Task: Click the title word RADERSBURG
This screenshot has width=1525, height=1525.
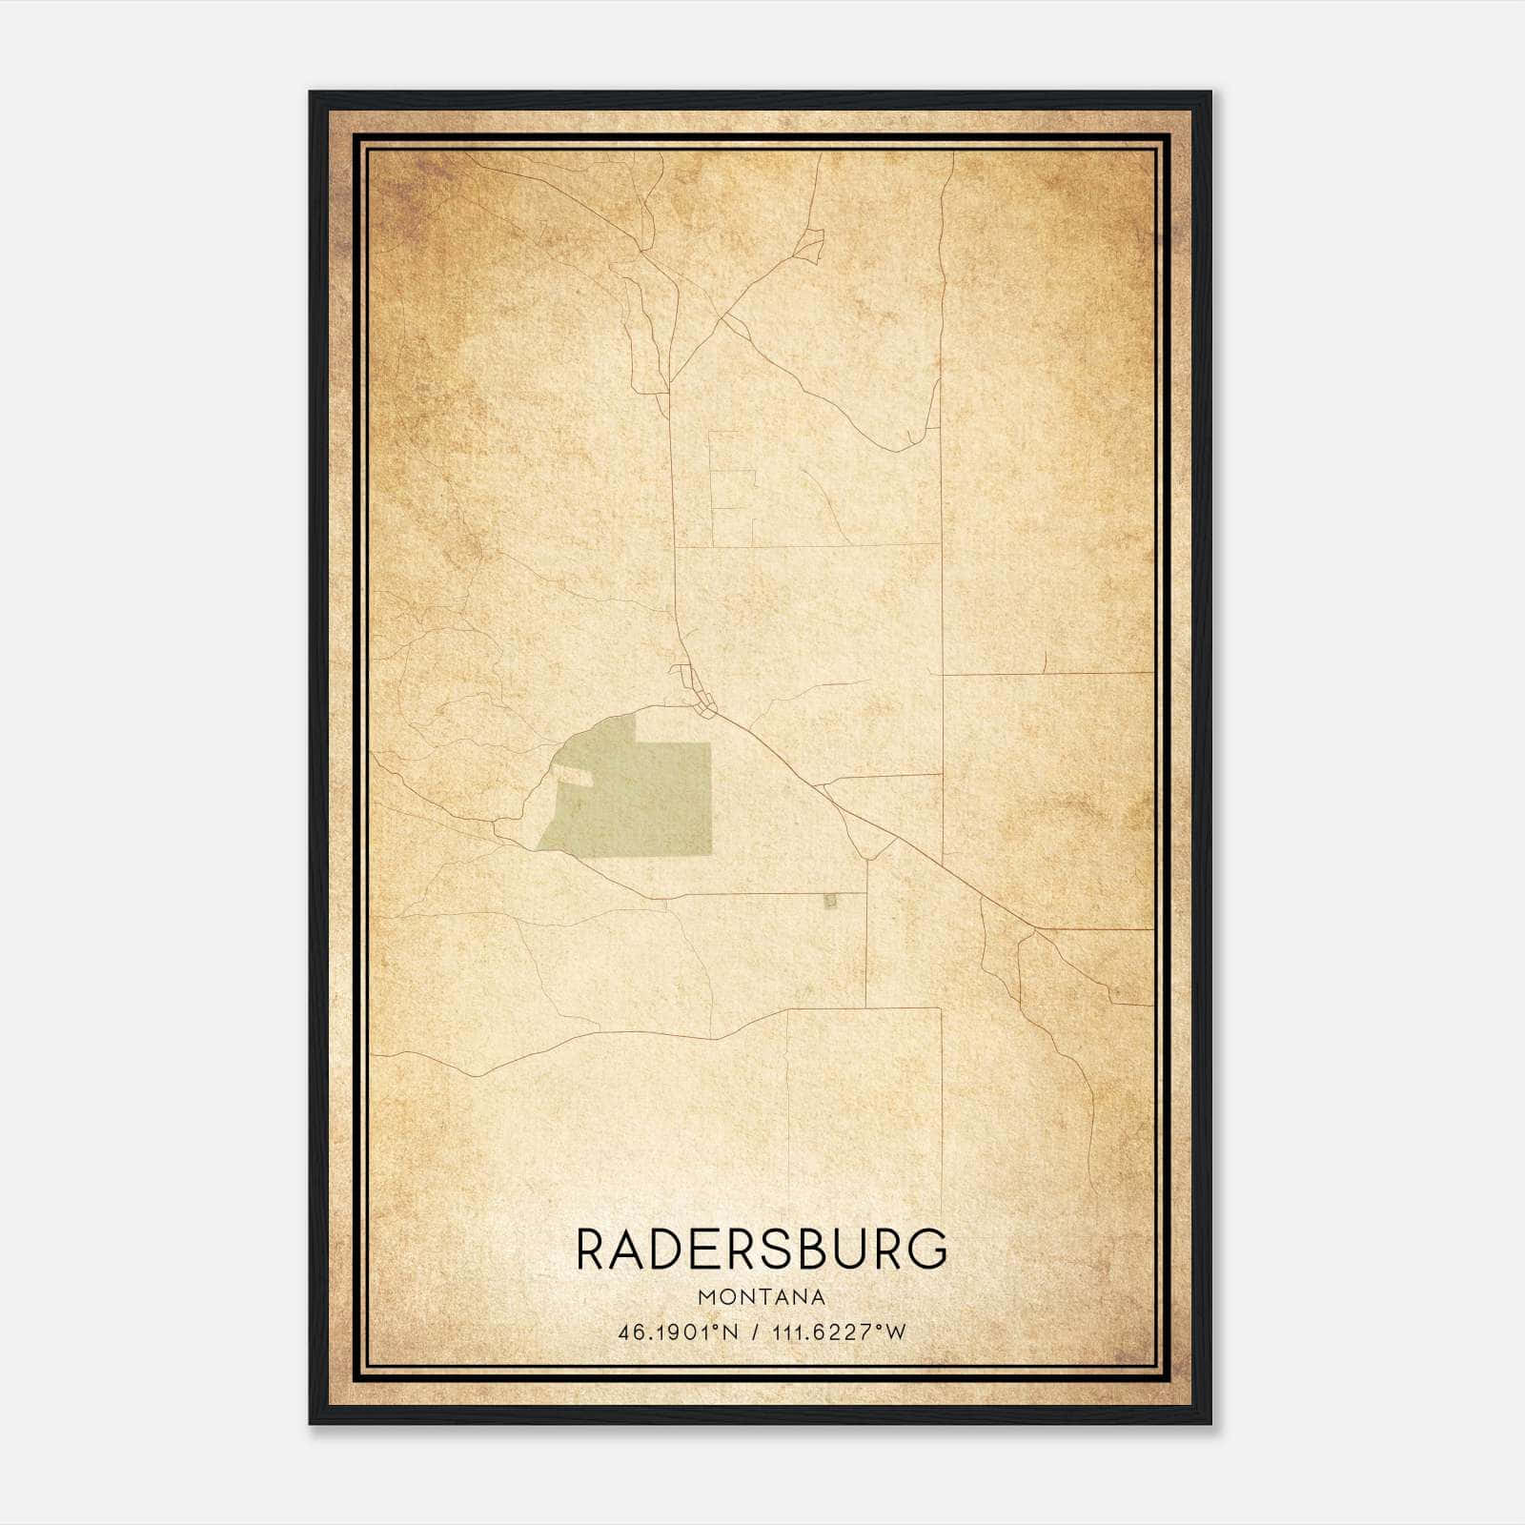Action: pos(762,1250)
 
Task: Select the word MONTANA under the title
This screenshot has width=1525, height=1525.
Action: pos(762,1297)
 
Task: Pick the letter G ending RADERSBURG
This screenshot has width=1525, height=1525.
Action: pos(928,1250)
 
